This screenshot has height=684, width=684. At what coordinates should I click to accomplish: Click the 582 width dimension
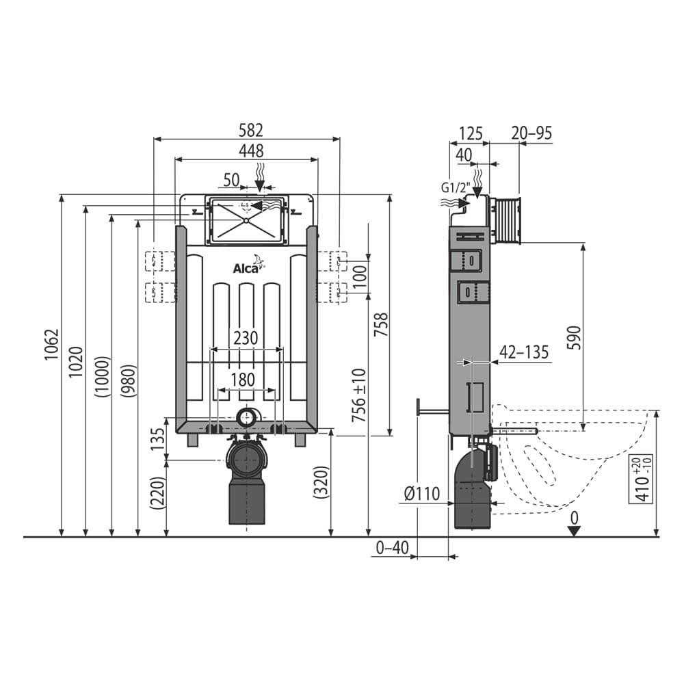(x=250, y=130)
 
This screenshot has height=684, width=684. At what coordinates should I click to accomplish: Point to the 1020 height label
(x=76, y=363)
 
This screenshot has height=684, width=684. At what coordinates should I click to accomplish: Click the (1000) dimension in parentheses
(x=102, y=377)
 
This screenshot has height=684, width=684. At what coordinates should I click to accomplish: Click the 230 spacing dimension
(x=246, y=339)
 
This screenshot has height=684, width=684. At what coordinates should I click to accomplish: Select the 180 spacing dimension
(x=243, y=380)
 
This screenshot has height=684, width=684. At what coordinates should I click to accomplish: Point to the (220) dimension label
(x=157, y=493)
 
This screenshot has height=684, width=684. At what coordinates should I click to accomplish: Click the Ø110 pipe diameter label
(x=421, y=493)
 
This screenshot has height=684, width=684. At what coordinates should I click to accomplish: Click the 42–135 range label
(x=524, y=353)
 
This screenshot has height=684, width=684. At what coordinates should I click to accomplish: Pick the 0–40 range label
(x=391, y=547)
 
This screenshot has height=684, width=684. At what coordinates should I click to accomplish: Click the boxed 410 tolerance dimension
(x=642, y=478)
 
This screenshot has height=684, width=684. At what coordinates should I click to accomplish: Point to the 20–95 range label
(x=531, y=133)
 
